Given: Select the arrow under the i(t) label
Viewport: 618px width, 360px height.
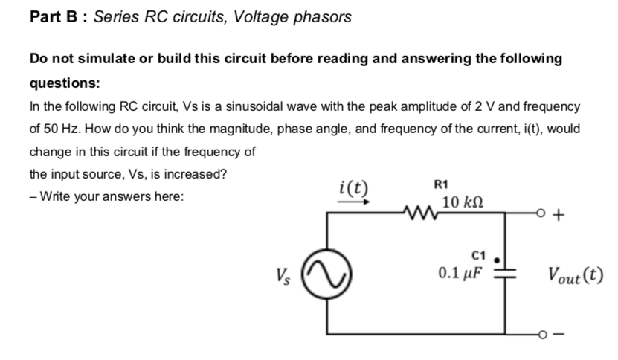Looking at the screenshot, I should tap(351, 199).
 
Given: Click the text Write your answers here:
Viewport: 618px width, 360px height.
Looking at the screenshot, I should tap(110, 197).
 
